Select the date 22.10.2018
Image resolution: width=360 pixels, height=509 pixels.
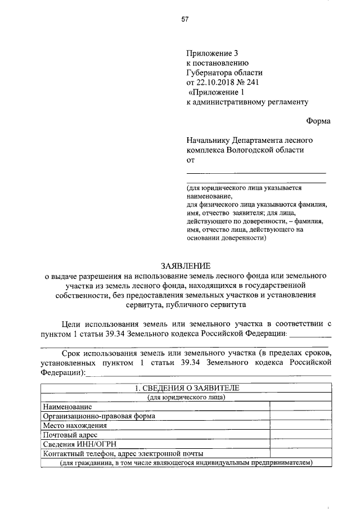(216, 82)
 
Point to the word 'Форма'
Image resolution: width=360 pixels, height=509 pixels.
(318, 121)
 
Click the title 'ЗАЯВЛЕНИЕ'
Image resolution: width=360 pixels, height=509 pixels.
(186, 265)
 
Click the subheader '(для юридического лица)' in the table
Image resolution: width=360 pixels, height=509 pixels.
(187, 398)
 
